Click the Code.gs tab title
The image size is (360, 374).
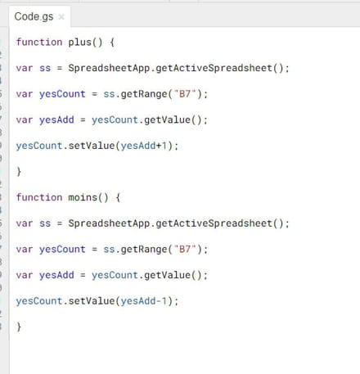click(x=34, y=17)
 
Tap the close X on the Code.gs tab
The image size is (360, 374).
click(x=61, y=17)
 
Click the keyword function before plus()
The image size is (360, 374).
click(x=39, y=42)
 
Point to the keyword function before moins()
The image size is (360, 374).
click(x=39, y=197)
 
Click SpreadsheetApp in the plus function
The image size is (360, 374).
click(x=109, y=68)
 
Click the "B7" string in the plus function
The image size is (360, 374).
click(x=185, y=94)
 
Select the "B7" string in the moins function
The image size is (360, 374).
click(x=185, y=249)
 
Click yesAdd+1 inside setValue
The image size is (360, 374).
click(x=144, y=146)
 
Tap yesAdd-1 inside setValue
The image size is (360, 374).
click(x=144, y=301)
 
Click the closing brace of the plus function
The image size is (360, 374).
click(x=19, y=172)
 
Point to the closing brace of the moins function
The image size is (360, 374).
click(x=19, y=327)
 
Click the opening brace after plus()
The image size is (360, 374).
click(x=112, y=43)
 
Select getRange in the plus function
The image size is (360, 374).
click(x=144, y=94)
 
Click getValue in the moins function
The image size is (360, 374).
click(x=167, y=275)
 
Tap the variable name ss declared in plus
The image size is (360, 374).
click(x=45, y=68)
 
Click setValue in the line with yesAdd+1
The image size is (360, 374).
click(x=92, y=146)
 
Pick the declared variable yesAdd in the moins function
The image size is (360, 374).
click(x=56, y=275)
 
